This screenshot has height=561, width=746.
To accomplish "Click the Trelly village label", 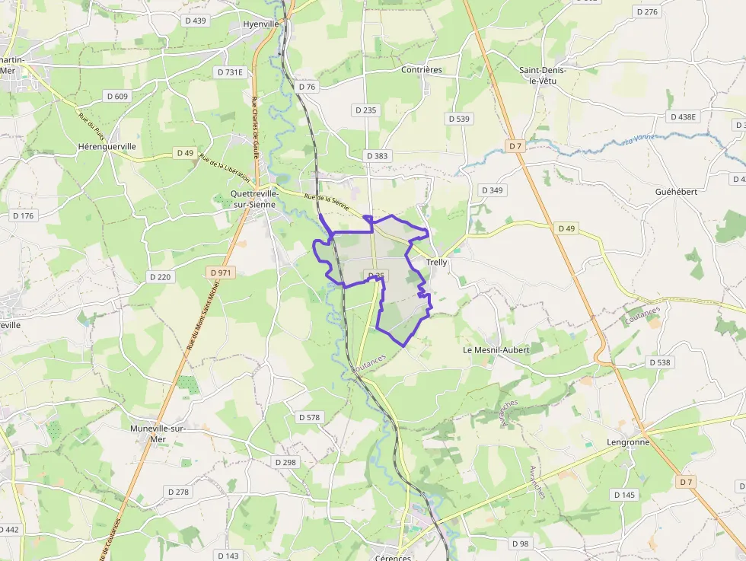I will click(437, 263).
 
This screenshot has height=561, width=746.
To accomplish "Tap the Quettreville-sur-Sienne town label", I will click(254, 199).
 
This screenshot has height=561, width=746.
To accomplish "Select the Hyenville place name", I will click(261, 24).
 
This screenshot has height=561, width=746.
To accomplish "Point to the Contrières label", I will click(422, 70).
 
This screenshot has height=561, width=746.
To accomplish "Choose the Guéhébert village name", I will click(676, 192).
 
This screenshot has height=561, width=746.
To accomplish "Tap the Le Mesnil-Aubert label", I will click(496, 349).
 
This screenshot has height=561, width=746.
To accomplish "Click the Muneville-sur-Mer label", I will click(158, 433).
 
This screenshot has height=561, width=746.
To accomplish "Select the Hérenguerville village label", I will click(107, 146).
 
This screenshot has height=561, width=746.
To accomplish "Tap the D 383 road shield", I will click(377, 156).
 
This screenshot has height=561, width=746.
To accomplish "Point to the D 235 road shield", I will click(365, 110).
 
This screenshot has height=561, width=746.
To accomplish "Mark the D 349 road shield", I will click(493, 190).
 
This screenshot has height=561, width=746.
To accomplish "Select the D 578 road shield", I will click(310, 417).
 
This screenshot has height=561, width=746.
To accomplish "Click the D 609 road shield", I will click(117, 96).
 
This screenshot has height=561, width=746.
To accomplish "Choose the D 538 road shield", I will click(660, 362).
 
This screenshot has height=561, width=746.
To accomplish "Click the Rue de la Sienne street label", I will click(326, 202).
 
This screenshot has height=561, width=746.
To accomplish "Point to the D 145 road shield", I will click(623, 495).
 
